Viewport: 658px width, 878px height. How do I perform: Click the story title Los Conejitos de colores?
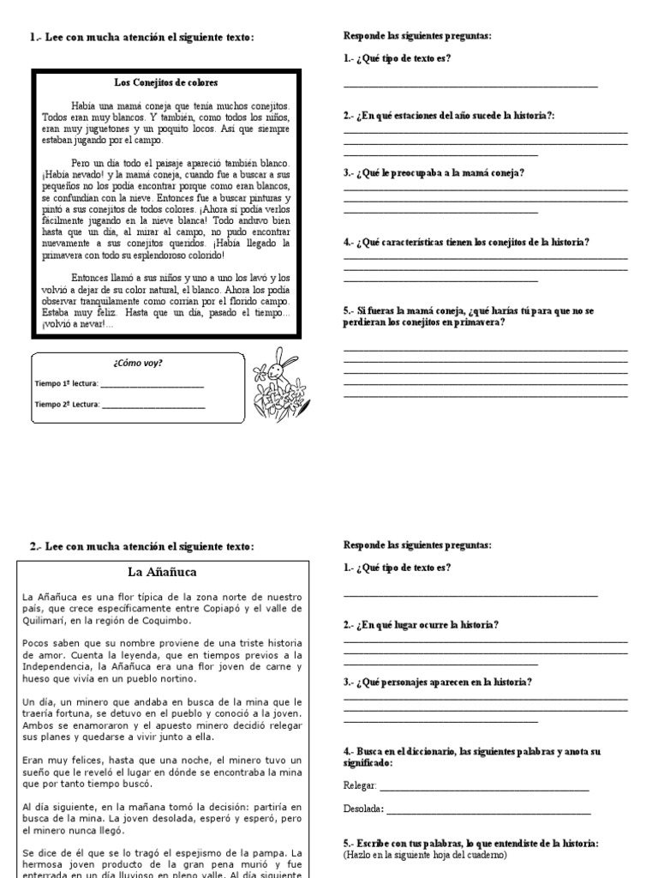[x=166, y=83]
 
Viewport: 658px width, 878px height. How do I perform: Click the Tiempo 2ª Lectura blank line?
[x=153, y=406]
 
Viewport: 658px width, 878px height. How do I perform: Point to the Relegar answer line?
[x=484, y=787]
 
